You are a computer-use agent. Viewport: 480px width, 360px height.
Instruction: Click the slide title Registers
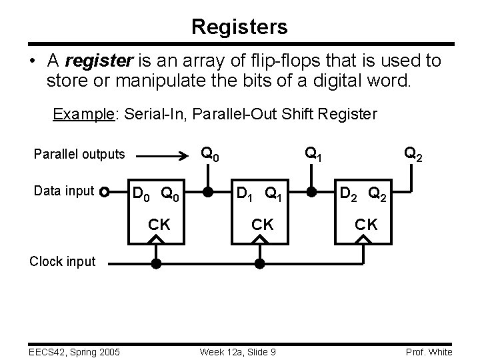coord(239,27)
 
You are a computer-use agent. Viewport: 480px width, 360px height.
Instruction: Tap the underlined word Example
coord(84,114)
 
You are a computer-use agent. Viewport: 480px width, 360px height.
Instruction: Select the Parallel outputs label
coord(79,154)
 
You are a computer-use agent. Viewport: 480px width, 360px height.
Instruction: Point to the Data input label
coord(63,191)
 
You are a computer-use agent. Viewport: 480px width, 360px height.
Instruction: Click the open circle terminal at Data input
coord(104,193)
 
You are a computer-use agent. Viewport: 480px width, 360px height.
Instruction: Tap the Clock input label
coord(62,261)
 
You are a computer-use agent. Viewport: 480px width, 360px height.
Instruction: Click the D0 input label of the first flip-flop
coord(141,195)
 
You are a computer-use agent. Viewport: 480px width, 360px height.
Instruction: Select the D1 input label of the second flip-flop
coord(243,195)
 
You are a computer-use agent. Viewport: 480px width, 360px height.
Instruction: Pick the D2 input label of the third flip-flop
coord(348,195)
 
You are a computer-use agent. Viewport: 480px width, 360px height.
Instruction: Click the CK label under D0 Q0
coord(159,225)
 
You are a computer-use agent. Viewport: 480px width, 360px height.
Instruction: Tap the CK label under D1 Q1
coord(262,225)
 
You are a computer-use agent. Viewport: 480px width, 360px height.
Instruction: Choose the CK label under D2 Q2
coord(366,225)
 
